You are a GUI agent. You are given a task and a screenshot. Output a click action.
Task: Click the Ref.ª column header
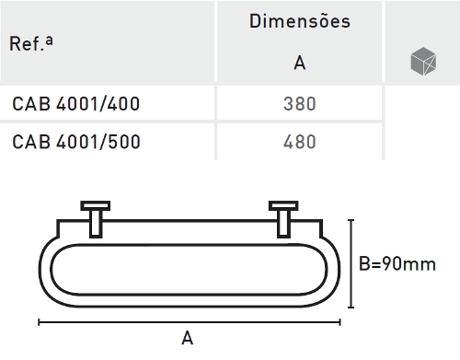pos(31,43)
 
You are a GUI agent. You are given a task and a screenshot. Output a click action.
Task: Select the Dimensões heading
pos(300,21)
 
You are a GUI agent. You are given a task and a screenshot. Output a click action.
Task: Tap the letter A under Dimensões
pos(300,63)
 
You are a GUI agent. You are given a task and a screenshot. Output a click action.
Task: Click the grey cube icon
pos(423,61)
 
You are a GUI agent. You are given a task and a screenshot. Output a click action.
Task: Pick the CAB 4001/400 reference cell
pos(76,104)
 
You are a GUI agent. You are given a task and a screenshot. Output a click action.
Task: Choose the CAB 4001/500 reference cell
pos(76,142)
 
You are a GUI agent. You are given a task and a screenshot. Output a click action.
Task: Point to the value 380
pos(300,104)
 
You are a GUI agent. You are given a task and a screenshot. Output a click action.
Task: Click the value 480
pos(300,142)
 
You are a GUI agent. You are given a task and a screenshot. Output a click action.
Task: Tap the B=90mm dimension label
pos(397,263)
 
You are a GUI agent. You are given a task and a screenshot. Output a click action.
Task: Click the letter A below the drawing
pos(188,338)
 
